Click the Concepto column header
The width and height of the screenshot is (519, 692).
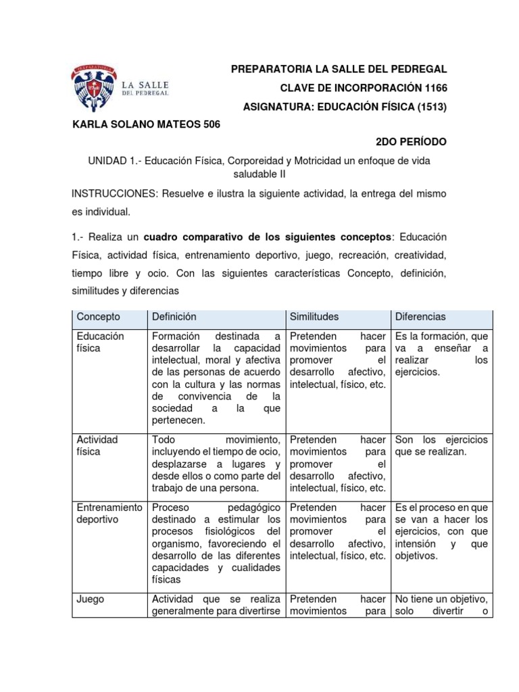point(99,316)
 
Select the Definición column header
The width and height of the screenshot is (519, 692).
point(174,316)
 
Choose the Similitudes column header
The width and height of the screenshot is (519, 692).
point(314,316)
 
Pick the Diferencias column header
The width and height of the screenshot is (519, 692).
point(420,316)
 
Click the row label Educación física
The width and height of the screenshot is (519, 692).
point(100,342)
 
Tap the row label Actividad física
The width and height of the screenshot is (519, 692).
point(97,445)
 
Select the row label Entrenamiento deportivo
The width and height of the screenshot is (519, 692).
point(107,514)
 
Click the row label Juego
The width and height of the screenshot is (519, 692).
point(90,599)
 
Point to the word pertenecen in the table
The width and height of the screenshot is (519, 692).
point(178,420)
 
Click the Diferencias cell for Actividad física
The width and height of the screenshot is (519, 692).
point(441,445)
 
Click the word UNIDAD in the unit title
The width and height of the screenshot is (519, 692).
point(109,161)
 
